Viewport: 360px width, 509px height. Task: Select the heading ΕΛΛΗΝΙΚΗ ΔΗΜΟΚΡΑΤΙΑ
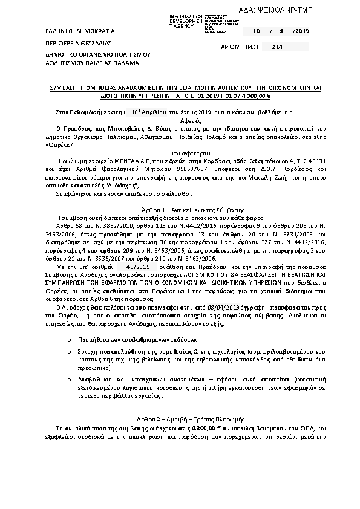coord(71,30)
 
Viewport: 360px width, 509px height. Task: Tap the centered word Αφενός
coord(180,120)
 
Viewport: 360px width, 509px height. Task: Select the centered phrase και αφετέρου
coord(180,153)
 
